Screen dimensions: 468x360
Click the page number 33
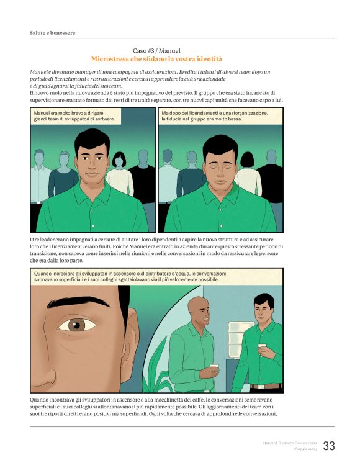point(329,446)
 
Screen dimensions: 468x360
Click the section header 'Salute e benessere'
point(52,32)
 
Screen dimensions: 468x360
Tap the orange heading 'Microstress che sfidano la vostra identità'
point(156,59)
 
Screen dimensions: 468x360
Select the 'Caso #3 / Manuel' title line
point(156,50)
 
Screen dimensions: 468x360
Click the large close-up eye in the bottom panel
point(77,324)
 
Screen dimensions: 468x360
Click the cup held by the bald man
point(214,367)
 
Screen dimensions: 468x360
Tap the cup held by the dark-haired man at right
point(261,348)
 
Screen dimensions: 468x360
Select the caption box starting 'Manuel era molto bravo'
point(74,116)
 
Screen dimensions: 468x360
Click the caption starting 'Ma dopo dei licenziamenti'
point(215,116)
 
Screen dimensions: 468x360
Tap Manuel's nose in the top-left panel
point(93,166)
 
